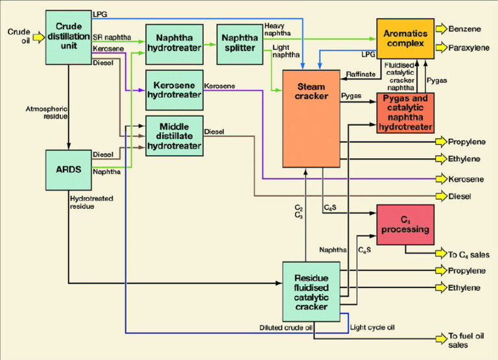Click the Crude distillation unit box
pos(68,37)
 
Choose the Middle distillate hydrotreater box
pos(174,136)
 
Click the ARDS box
pos(68,169)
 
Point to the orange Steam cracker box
pos(311,119)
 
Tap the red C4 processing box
pos(405,224)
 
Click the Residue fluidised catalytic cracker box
pos(311,291)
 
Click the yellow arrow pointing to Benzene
pos(442,29)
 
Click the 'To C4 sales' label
pos(469,255)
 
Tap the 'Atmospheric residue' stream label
pos(45,112)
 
